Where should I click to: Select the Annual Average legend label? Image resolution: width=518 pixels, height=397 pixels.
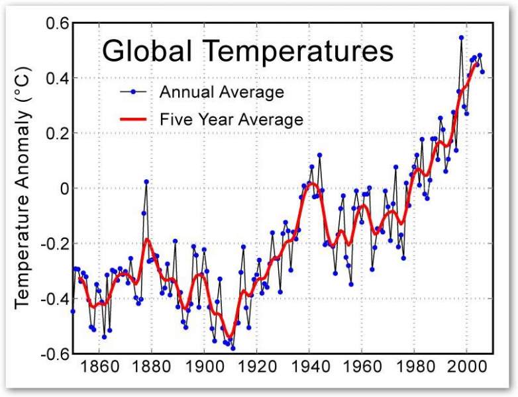click(x=221, y=91)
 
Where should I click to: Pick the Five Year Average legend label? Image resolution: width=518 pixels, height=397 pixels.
click(x=231, y=120)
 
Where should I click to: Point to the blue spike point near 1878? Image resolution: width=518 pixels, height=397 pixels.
click(x=146, y=181)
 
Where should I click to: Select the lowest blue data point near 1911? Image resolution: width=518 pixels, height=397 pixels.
click(x=233, y=348)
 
